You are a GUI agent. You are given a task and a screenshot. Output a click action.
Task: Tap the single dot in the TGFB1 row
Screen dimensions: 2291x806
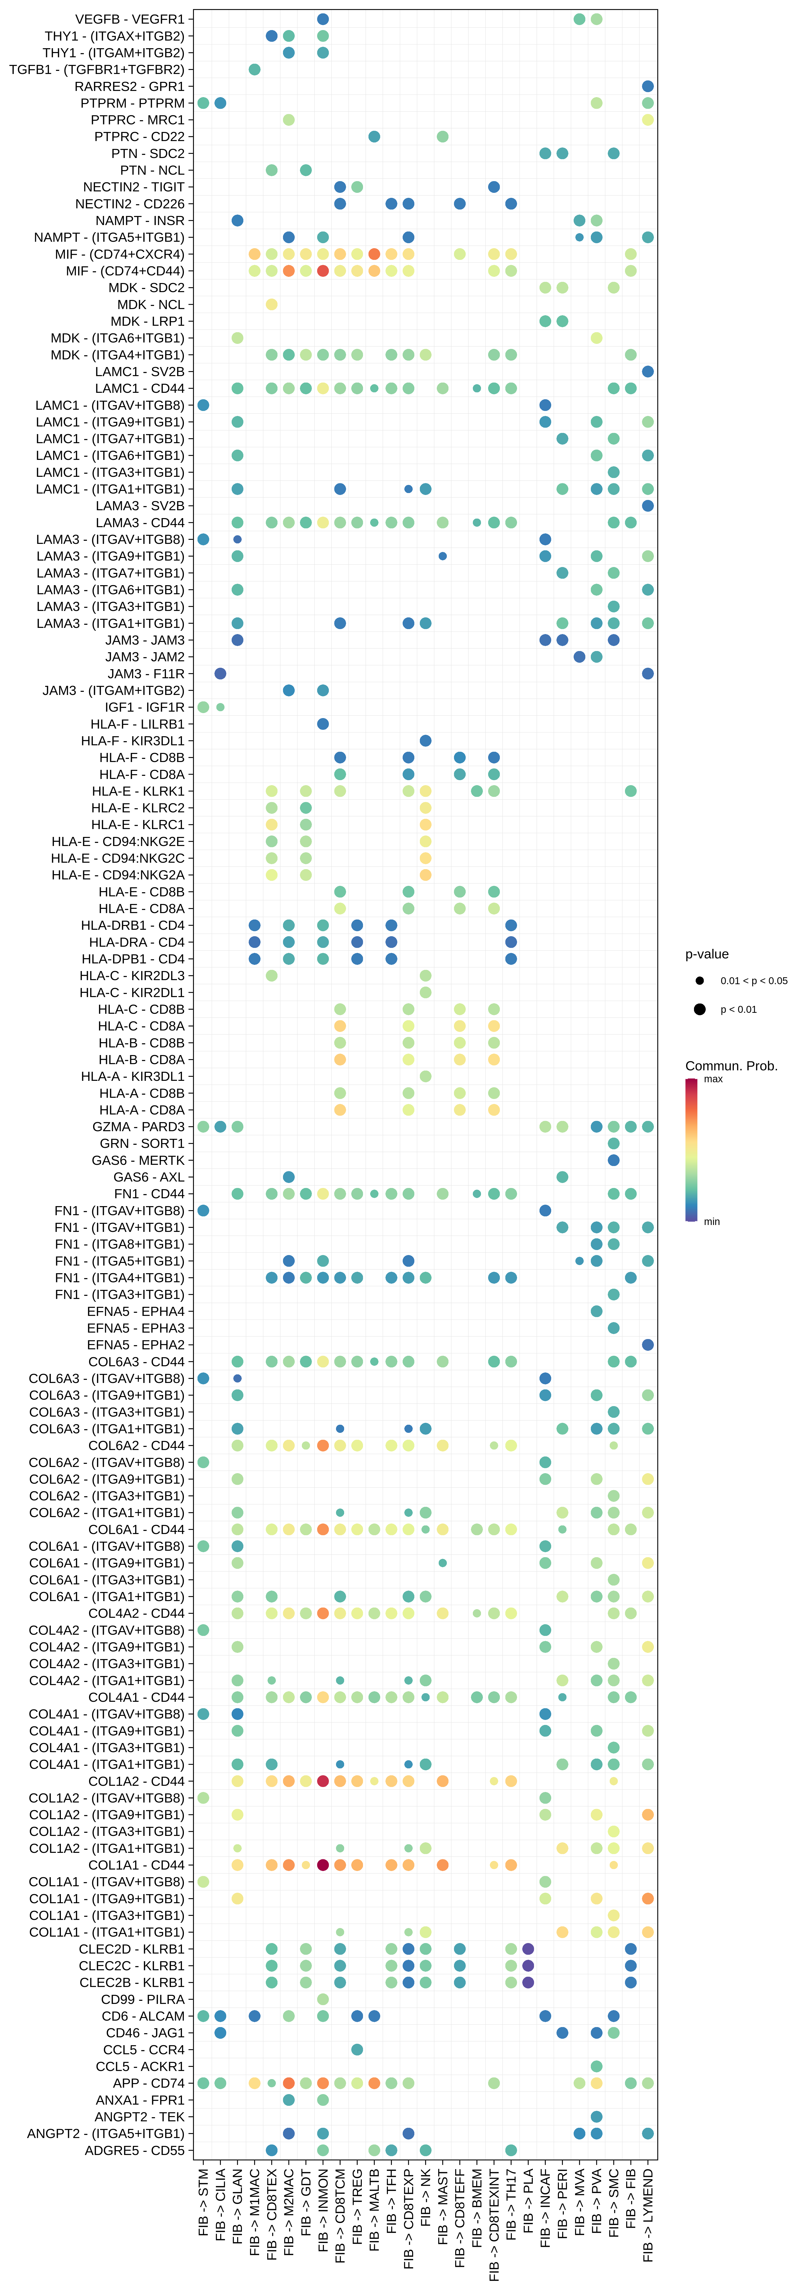tap(254, 69)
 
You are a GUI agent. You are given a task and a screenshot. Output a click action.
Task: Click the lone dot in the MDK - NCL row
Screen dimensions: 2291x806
tap(271, 304)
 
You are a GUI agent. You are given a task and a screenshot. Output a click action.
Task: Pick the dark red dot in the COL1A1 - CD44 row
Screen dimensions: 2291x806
tap(323, 1865)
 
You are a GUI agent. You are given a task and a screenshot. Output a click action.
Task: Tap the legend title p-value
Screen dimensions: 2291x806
tap(706, 954)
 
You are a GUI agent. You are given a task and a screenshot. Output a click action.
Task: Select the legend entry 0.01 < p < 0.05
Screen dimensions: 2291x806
tap(753, 981)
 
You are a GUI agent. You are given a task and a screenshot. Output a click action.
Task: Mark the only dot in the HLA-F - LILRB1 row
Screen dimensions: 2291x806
tap(323, 724)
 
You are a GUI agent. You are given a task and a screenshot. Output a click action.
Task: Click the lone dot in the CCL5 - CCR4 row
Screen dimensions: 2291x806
tap(357, 2049)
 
